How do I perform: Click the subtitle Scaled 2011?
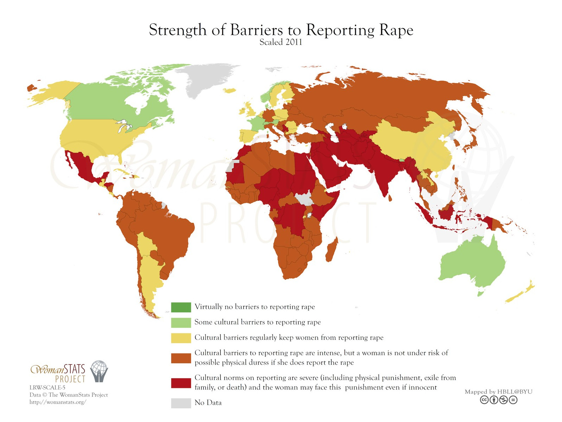[x=281, y=42]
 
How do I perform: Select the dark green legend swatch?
[x=181, y=307]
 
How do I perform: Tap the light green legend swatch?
[x=181, y=322]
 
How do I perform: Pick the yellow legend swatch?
[x=181, y=338]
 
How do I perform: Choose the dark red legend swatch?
[x=181, y=383]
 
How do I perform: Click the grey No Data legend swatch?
[x=181, y=403]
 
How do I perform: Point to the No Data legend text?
[x=208, y=403]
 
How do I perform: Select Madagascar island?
[x=332, y=250]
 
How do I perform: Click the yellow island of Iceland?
[x=230, y=91]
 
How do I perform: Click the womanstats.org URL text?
[x=58, y=402]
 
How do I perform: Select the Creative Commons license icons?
[x=498, y=400]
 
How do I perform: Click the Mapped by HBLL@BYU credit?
[x=498, y=391]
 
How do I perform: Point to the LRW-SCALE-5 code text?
[x=47, y=387]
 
